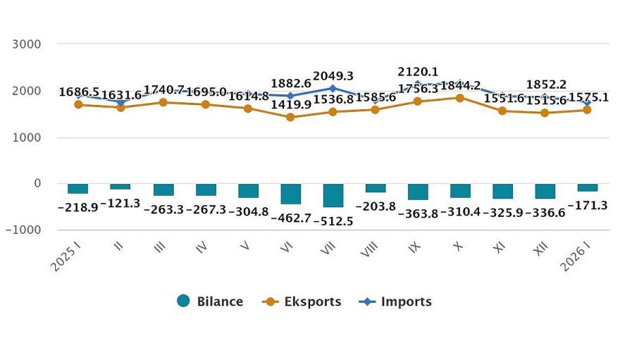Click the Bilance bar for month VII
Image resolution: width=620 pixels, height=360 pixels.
[333, 195]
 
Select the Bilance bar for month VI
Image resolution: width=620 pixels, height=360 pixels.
[290, 194]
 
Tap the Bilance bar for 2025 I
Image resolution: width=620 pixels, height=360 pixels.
[78, 188]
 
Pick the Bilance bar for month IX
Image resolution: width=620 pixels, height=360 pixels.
[418, 192]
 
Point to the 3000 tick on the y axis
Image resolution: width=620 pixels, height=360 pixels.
[27, 44]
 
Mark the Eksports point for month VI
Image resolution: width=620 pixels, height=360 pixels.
[290, 117]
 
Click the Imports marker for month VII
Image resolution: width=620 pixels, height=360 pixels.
[333, 88]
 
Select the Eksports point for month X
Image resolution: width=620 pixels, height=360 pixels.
[460, 97]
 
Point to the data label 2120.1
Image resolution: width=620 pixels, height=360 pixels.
[418, 72]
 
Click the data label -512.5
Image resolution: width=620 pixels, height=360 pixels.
[333, 221]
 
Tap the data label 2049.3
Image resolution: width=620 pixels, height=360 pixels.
[333, 75]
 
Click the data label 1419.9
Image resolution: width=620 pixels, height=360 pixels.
[291, 106]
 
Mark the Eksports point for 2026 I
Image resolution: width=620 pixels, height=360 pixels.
[587, 110]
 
